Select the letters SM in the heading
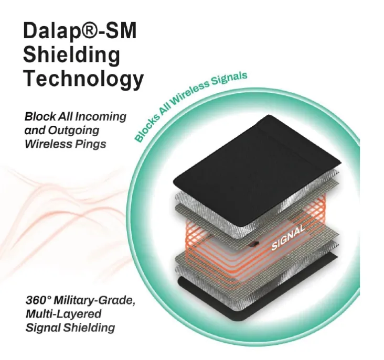click(x=121, y=30)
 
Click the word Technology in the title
click(x=83, y=78)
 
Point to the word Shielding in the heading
click(x=72, y=55)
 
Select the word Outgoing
click(x=73, y=130)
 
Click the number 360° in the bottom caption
click(x=38, y=300)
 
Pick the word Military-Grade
click(x=94, y=301)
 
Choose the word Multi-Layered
click(x=63, y=314)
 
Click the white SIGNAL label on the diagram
click(x=288, y=238)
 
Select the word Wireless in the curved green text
click(x=191, y=92)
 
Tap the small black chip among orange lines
click(x=255, y=243)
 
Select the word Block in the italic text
click(x=40, y=117)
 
